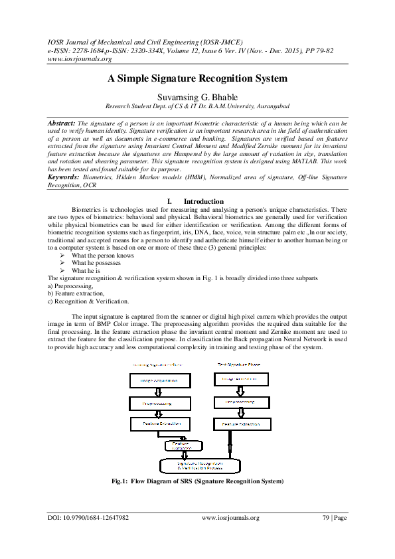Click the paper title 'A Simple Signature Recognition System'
(197, 78)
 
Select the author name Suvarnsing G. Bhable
(197, 97)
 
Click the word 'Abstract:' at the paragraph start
(61, 124)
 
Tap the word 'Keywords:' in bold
(64, 177)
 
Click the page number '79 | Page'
(332, 518)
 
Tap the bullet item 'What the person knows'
(102, 255)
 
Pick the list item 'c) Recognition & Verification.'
(88, 301)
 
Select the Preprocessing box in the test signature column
(240, 402)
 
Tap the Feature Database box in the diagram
(181, 445)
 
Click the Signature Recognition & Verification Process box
(197, 464)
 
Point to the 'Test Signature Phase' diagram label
(240, 365)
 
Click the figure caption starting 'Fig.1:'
(197, 481)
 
